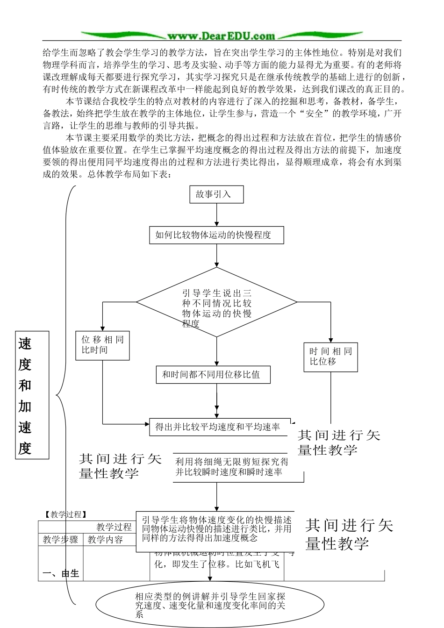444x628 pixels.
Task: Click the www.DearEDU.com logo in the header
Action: tap(222, 36)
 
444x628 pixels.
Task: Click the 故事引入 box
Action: tap(217, 194)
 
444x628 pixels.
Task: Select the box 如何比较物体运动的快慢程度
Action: tap(217, 235)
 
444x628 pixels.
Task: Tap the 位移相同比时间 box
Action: tap(102, 345)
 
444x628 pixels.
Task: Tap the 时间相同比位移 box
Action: tap(330, 357)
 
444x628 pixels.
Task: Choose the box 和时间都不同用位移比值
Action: tap(213, 375)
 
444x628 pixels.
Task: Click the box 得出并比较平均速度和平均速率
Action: tap(220, 427)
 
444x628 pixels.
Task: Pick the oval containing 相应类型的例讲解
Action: tap(210, 605)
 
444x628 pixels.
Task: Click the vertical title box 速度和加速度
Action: tap(32, 395)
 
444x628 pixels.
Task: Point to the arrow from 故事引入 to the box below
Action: tap(217, 215)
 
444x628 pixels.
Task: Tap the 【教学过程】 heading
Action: tap(65, 514)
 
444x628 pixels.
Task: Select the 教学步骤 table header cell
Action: tap(60, 540)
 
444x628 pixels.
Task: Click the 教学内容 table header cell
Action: tap(105, 540)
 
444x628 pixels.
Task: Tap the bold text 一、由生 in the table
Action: tap(61, 573)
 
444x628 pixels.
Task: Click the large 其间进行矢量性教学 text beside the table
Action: tap(350, 534)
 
